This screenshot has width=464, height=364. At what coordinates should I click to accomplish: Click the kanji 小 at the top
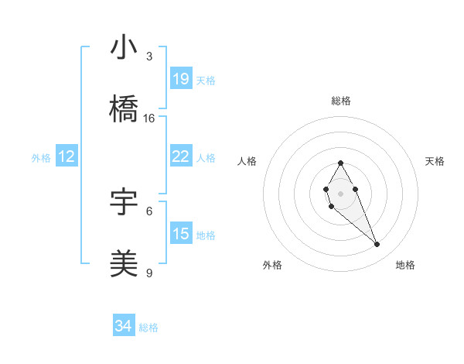124,49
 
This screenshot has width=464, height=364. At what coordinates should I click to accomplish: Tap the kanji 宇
124,203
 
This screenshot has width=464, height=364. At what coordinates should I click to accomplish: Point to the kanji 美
124,264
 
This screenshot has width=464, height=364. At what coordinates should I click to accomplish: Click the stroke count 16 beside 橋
149,118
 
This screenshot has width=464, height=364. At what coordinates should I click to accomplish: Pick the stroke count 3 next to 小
149,57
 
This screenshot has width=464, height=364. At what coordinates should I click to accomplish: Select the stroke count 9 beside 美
149,273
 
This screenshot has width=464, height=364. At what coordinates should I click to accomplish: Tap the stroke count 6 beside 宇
149,211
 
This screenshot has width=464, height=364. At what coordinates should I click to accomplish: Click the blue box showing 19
181,79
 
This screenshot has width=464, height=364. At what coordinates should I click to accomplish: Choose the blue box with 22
181,156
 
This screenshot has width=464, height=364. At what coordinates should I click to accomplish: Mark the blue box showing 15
181,234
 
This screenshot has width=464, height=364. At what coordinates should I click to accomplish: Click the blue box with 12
67,157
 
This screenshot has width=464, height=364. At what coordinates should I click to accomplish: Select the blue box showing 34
123,327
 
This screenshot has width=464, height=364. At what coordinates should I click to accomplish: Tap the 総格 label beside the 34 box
148,328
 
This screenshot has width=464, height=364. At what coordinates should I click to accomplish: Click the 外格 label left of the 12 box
41,158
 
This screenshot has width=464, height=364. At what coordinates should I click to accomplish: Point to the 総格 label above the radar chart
341,101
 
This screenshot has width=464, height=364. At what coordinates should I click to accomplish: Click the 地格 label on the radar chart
405,266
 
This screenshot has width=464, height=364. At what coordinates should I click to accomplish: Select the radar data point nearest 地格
377,245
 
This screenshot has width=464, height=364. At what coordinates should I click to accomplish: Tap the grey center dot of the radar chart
340,192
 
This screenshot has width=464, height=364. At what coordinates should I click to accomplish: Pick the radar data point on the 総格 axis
340,163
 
